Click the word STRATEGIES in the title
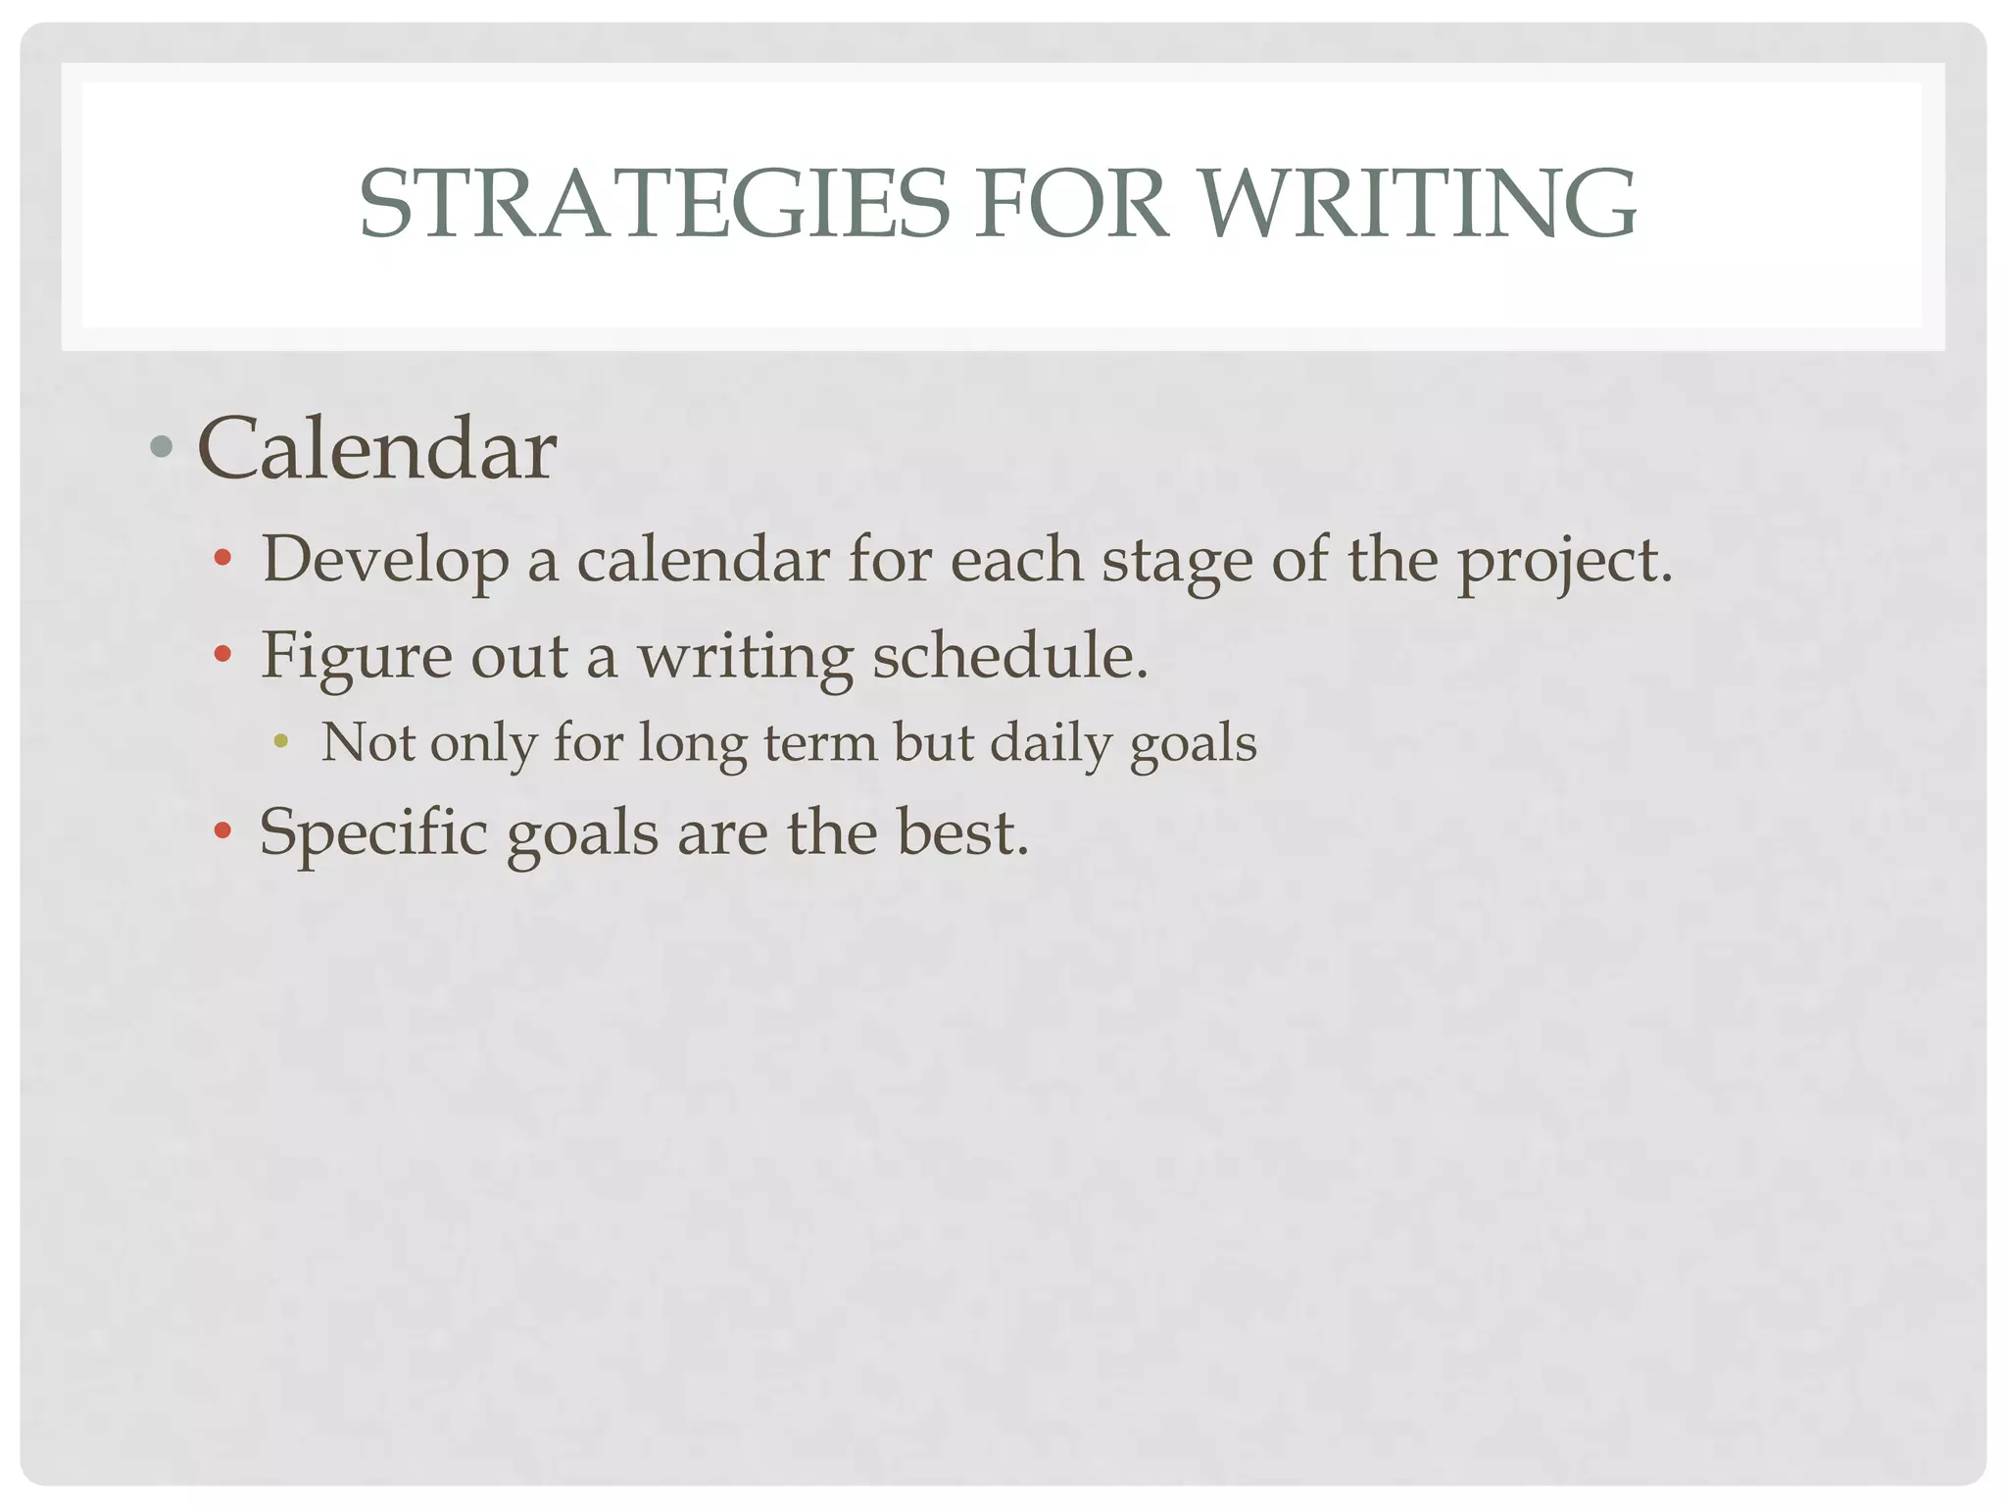[x=654, y=204]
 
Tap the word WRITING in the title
[x=1420, y=204]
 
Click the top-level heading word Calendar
[x=377, y=449]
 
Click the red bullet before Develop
[x=222, y=559]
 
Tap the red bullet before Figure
[x=222, y=654]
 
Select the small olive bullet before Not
[x=281, y=742]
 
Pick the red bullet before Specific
[x=222, y=831]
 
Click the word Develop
[x=385, y=561]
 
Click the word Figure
[x=356, y=656]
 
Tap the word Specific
[x=373, y=833]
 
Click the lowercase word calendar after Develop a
[x=703, y=561]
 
